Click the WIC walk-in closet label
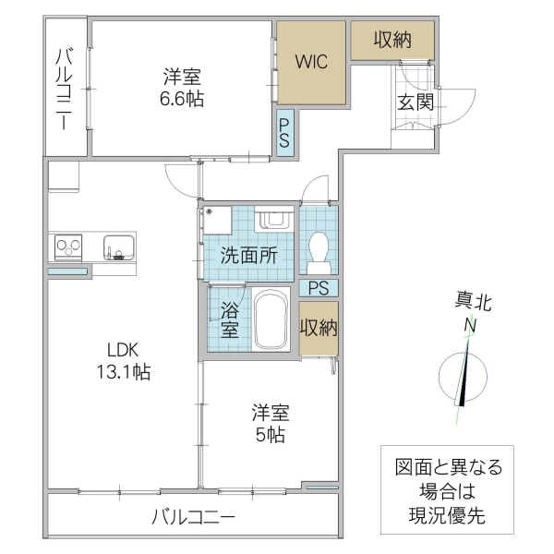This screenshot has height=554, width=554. (x=309, y=63)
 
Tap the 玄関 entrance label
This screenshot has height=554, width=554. (x=415, y=102)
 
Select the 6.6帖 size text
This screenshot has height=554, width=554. (x=182, y=99)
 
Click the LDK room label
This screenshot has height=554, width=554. (x=121, y=350)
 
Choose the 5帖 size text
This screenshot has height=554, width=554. (x=271, y=435)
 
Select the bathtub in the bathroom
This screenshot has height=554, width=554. (x=271, y=319)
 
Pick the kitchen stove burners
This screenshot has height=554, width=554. (x=68, y=247)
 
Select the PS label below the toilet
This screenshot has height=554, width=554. (x=319, y=287)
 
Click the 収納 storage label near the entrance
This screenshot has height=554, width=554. (x=391, y=39)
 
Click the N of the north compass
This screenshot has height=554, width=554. (x=470, y=325)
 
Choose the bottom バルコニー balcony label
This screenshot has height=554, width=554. (x=193, y=517)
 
